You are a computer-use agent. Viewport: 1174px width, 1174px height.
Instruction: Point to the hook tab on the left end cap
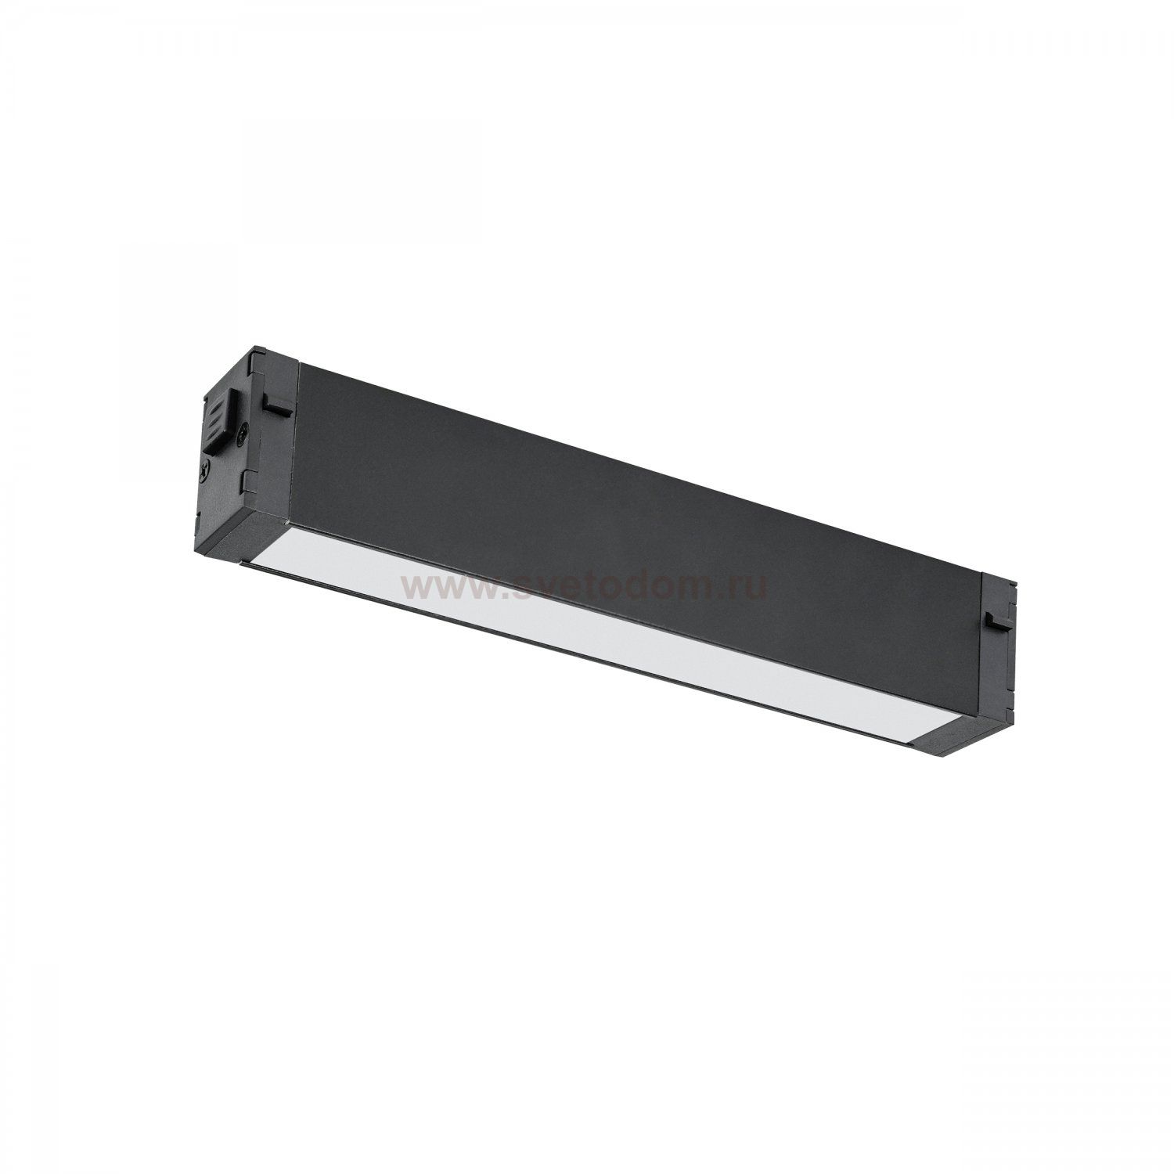(274, 403)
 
